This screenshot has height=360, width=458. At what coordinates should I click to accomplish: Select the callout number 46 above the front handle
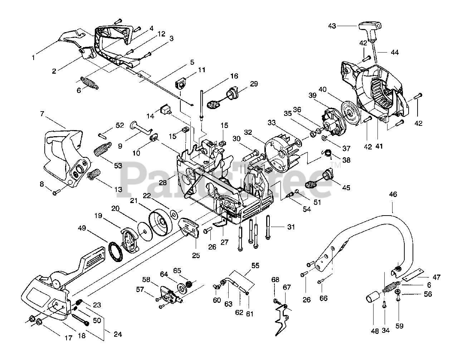click(393, 194)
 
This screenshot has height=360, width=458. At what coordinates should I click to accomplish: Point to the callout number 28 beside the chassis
click(163, 182)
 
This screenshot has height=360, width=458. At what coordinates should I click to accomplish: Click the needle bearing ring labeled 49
click(116, 252)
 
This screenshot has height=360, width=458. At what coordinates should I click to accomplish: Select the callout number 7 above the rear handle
click(42, 114)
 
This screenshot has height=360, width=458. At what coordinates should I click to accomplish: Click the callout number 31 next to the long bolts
click(291, 227)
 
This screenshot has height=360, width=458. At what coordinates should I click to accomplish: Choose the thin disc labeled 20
click(145, 232)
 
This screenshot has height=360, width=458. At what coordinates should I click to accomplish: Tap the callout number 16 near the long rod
click(234, 76)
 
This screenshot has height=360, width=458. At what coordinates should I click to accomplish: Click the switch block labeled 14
click(166, 109)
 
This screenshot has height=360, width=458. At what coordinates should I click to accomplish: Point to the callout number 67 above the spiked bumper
click(287, 287)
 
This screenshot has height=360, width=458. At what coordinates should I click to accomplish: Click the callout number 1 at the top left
click(33, 58)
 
